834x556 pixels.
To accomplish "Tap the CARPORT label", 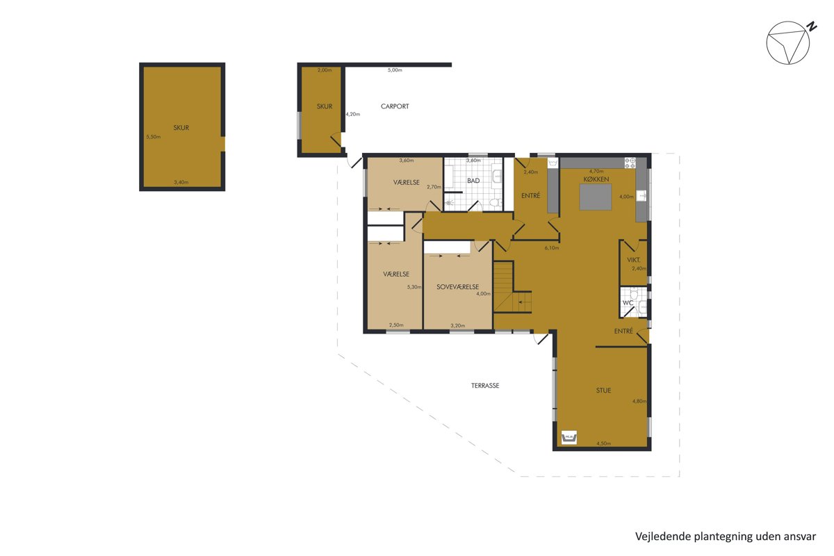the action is [x=395, y=106].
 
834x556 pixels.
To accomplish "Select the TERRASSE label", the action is [x=485, y=386].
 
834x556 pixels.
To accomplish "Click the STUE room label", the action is [x=603, y=391].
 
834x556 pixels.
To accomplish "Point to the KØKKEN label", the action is [x=596, y=179].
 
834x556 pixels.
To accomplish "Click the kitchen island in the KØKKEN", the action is [x=596, y=197].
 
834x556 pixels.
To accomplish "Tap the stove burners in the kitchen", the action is [x=630, y=163].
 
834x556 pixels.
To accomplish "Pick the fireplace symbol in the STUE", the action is [x=569, y=437].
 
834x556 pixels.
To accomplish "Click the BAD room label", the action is [x=473, y=181].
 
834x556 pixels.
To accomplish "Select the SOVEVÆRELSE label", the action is [x=457, y=287].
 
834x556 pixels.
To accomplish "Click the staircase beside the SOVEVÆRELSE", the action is [x=512, y=288].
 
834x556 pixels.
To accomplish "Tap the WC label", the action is [x=628, y=303].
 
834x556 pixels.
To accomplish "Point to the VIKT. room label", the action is [x=634, y=260].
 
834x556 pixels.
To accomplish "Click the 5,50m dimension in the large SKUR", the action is [x=154, y=137].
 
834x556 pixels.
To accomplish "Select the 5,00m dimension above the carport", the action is [x=395, y=70].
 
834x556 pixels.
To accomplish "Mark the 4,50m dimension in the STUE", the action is [x=603, y=443].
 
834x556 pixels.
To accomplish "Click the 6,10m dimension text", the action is [x=551, y=247].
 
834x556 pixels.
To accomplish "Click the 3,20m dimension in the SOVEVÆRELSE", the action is [x=457, y=325].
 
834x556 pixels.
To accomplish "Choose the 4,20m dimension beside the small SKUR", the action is [x=353, y=115].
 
